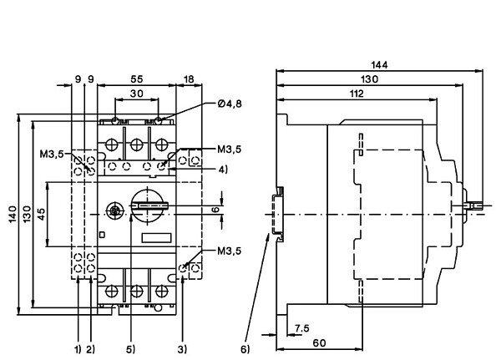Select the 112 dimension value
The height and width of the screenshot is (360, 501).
tap(356, 94)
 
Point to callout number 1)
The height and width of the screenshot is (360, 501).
tap(78, 347)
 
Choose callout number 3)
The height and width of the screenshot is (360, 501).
tap(181, 347)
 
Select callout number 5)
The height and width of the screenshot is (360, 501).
tap(129, 347)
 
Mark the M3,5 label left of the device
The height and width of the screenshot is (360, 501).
tap(50, 155)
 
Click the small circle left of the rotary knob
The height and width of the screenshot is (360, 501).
tap(113, 210)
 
